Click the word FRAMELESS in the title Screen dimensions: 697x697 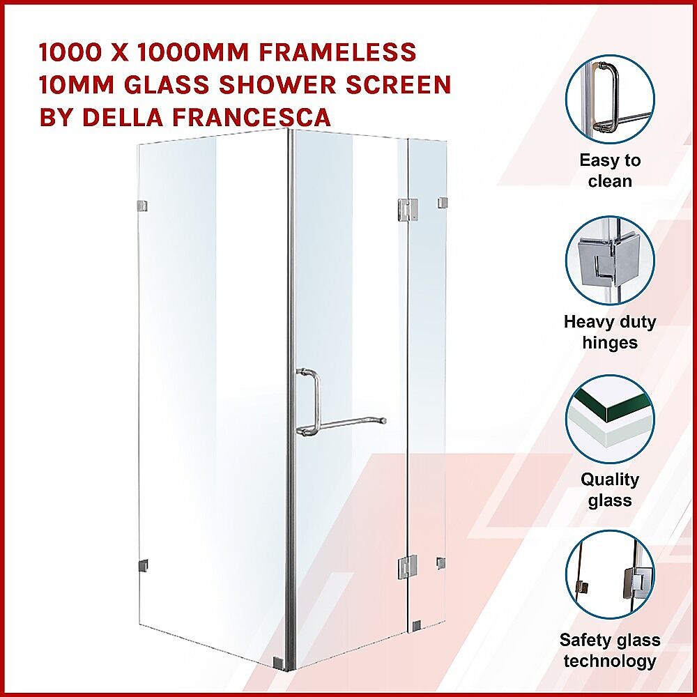tap(337, 52)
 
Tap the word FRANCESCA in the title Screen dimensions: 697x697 tap(252, 117)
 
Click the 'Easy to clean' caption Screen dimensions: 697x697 tap(610, 171)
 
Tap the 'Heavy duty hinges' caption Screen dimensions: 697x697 tap(610, 332)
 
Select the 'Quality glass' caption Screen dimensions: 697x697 tap(610, 489)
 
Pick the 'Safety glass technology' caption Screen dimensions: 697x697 tap(610, 650)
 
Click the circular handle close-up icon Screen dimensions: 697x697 tap(610, 99)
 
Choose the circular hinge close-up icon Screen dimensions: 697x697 tap(610, 261)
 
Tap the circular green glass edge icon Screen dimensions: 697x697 tap(610, 419)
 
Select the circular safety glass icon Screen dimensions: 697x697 tap(610, 574)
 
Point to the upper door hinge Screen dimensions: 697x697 tap(408, 209)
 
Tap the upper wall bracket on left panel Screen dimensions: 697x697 tap(142, 206)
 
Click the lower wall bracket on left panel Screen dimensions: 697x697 tap(143, 565)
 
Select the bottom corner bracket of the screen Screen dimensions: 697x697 tap(277, 662)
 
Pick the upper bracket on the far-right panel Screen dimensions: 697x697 tap(442, 203)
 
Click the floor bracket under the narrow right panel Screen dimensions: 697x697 tap(416, 626)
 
